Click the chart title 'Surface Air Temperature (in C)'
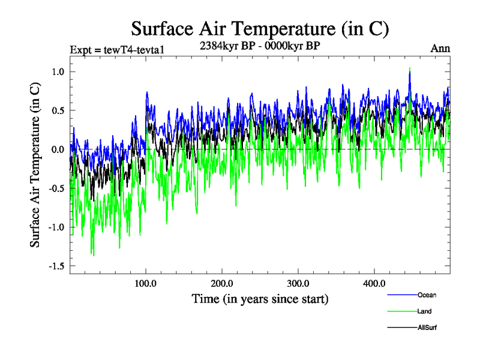click(260, 28)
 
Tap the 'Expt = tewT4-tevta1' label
click(117, 49)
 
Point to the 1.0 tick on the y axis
click(57, 72)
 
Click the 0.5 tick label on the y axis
click(57, 111)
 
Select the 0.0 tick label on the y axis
click(57, 149)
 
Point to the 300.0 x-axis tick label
click(298, 283)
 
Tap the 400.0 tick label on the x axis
click(374, 283)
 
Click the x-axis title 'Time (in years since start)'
click(260, 298)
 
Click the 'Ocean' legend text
click(427, 295)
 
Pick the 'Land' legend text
click(424, 311)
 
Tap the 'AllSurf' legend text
click(427, 328)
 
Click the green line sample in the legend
click(402, 311)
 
